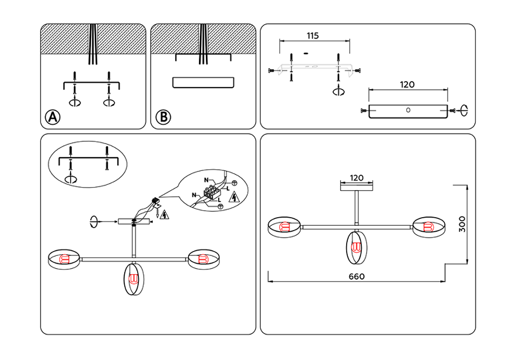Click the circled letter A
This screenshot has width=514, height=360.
53,117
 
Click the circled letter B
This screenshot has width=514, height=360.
163,117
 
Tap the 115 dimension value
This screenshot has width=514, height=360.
313,36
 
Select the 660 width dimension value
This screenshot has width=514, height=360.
356,276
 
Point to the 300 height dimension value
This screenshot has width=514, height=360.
462,224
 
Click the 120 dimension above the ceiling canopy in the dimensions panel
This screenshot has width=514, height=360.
356,178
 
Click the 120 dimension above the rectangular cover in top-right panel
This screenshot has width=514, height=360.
407,85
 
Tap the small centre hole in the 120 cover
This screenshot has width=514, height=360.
408,110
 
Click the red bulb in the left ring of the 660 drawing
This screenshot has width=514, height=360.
284,227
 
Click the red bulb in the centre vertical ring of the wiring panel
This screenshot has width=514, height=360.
133,279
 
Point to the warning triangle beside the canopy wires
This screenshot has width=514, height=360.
165,215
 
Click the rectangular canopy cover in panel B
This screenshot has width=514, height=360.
203,83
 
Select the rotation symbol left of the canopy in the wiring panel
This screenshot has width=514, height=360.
93,222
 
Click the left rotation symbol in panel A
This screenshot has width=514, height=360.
74,103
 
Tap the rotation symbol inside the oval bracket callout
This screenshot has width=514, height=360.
71,179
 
